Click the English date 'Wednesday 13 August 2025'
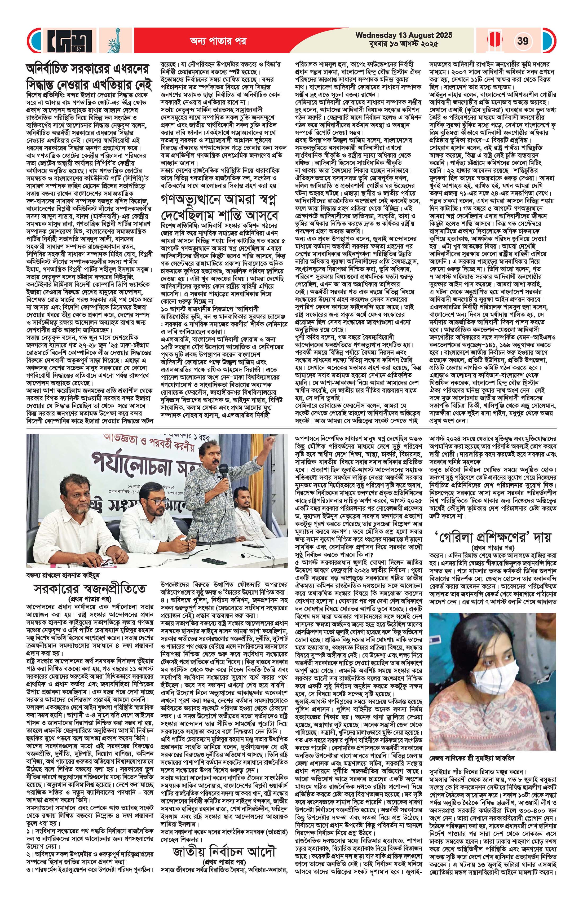pyautogui.click(x=404, y=36)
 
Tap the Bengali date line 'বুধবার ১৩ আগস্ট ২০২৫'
pyautogui.click(x=404, y=44)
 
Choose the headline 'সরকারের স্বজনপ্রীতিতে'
pyautogui.click(x=89, y=589)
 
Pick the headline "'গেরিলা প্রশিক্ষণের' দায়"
pyautogui.click(x=492, y=537)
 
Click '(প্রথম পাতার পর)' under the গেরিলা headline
pyautogui.click(x=492, y=547)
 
